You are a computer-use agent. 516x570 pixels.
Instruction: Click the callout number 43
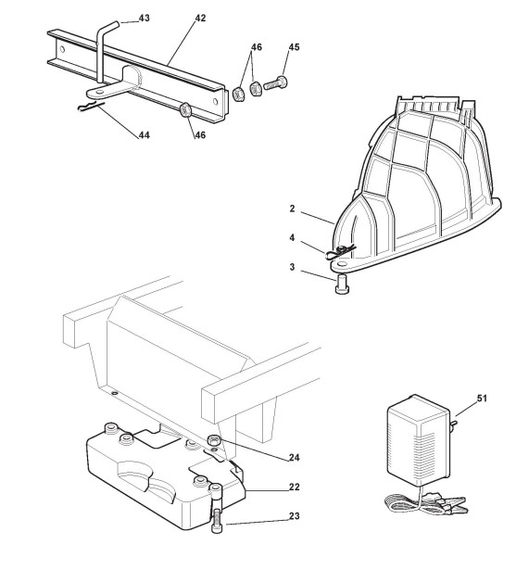click(x=145, y=18)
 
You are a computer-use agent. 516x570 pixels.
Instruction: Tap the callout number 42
click(x=200, y=18)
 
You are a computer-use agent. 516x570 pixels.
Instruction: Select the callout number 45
click(x=294, y=47)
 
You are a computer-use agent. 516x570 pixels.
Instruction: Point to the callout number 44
click(x=145, y=135)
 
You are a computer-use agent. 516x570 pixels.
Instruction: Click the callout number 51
click(x=482, y=399)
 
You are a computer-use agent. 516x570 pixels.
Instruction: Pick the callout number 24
click(x=295, y=457)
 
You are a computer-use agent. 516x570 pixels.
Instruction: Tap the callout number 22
click(x=295, y=487)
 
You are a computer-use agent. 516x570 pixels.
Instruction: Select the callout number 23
click(x=295, y=516)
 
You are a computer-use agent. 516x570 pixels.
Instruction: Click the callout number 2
click(x=292, y=209)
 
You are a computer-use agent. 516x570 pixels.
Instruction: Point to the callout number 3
click(x=292, y=267)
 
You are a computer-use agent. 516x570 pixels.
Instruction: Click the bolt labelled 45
click(x=275, y=83)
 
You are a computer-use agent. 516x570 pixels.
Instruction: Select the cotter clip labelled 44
click(x=91, y=107)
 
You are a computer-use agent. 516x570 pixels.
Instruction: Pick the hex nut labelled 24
click(x=213, y=440)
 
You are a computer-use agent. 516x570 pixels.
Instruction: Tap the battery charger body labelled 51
click(x=419, y=440)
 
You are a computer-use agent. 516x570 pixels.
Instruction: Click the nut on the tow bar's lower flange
click(x=185, y=109)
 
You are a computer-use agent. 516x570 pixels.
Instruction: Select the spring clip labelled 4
click(x=341, y=251)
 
